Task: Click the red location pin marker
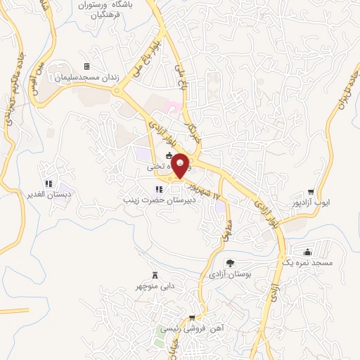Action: (181, 166)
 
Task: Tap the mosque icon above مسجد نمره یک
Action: (307, 252)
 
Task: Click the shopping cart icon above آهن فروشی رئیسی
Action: (193, 318)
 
